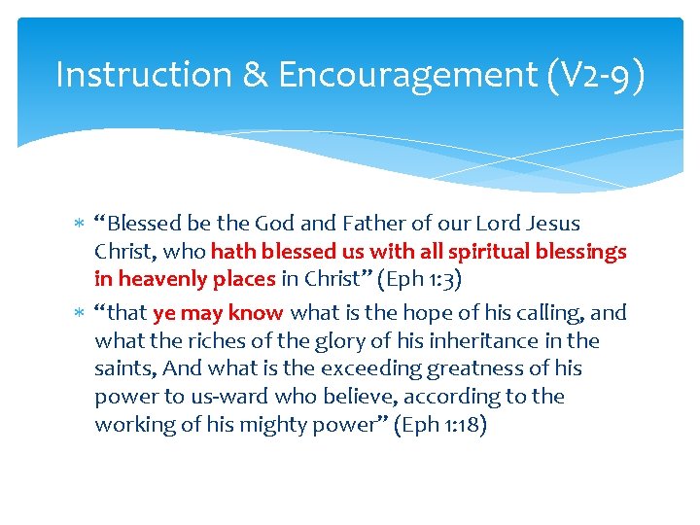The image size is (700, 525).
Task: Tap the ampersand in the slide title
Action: (255, 75)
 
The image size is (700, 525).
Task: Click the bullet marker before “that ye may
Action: (80, 314)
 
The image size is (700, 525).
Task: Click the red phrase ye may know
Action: (218, 313)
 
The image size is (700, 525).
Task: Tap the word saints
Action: (124, 369)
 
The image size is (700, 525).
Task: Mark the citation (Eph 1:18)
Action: (440, 425)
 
